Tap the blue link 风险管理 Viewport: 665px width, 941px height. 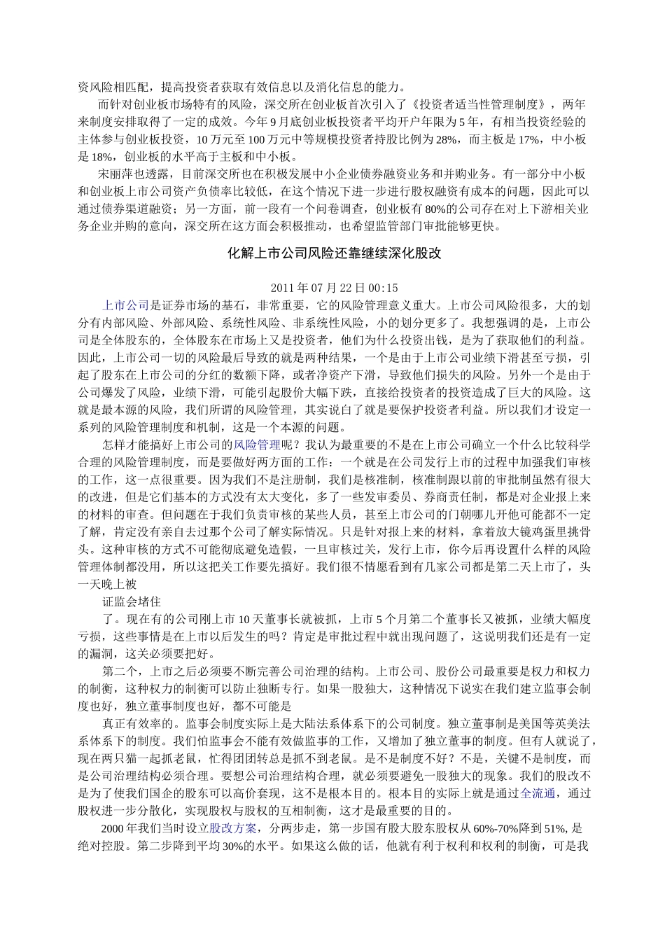[x=257, y=444]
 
